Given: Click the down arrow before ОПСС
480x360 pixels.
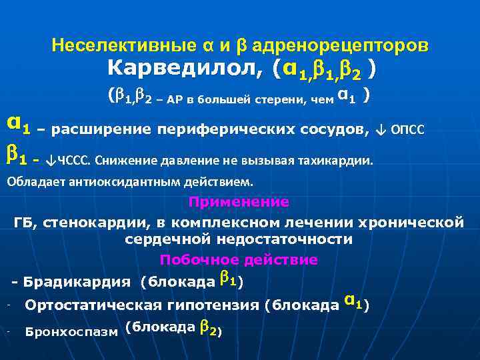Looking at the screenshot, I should [381, 129].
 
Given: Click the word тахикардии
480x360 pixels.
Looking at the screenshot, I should [340, 161].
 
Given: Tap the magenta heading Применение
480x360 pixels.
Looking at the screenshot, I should [239, 201].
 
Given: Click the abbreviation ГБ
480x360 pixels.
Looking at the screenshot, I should [25, 221].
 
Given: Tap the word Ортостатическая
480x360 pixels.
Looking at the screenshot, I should [93, 305].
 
